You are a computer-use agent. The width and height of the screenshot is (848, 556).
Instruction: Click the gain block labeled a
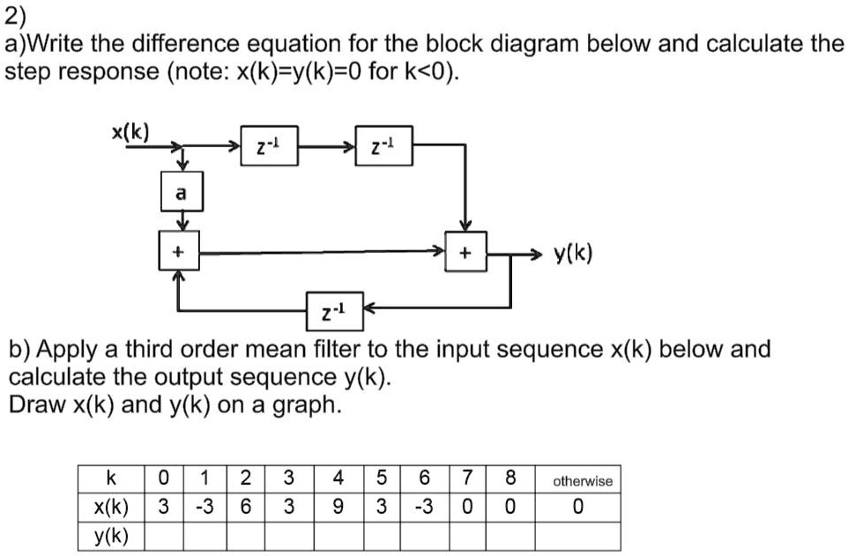coord(181,192)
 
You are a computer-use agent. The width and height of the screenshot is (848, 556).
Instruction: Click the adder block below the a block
coord(180,252)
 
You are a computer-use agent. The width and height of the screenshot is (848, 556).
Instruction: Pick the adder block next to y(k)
coord(465,253)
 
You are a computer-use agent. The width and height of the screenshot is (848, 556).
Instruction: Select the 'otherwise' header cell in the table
coord(582,481)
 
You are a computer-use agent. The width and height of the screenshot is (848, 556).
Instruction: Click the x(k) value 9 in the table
coord(338,508)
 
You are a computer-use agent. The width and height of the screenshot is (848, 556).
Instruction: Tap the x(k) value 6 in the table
coord(246,508)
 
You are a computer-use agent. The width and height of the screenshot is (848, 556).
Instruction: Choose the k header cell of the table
coord(110,480)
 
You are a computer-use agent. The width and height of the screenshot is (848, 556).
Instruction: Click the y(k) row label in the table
coord(111,536)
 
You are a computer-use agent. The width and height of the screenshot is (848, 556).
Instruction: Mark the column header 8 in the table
coord(510,480)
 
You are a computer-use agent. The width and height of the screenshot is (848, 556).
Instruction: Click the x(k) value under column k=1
coord(204,508)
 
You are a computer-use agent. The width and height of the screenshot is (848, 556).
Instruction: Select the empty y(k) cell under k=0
coord(162,536)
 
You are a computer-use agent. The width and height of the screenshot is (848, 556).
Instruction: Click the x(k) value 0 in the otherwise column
coord(577,508)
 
